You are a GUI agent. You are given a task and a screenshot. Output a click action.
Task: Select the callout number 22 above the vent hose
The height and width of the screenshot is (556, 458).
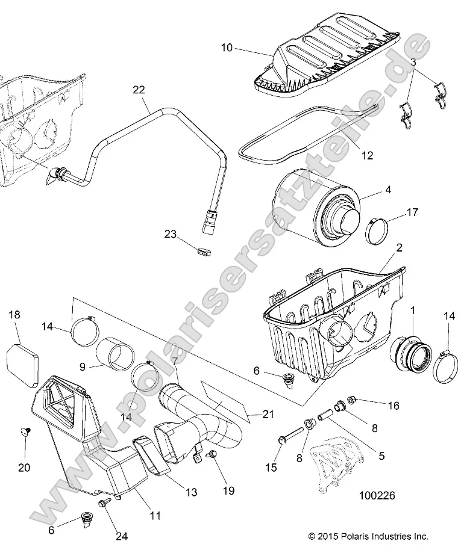coord(139,90)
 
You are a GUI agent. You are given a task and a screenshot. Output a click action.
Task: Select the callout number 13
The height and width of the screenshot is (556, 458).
coord(191,492)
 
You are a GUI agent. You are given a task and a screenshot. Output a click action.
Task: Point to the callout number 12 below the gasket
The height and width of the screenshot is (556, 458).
coord(366,155)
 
